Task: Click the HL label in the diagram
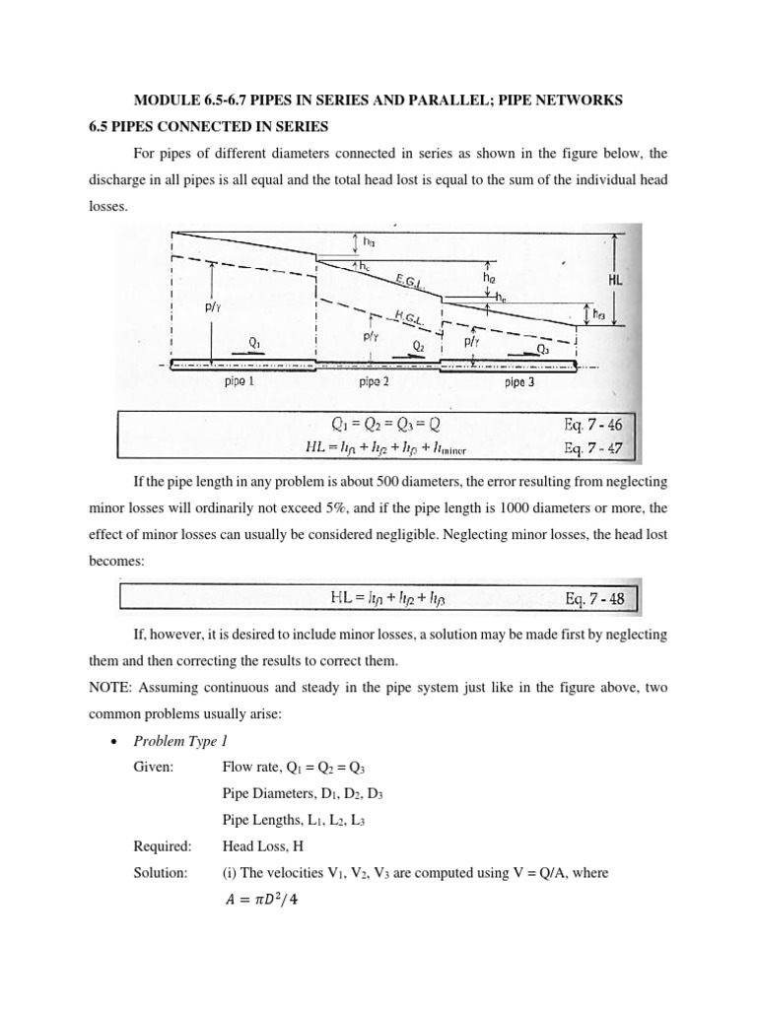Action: [x=617, y=281]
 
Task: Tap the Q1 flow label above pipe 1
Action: [x=254, y=342]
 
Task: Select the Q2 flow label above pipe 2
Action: [x=418, y=346]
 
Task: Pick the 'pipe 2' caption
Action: [x=378, y=382]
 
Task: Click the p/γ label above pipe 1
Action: [x=211, y=306]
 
